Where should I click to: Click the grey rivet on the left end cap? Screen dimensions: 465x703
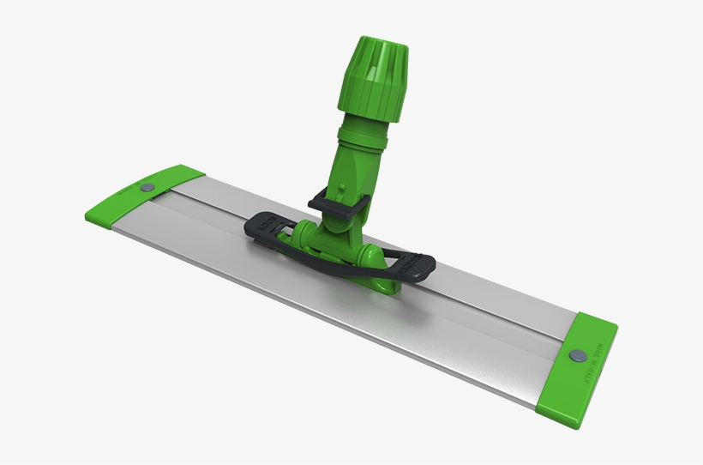pos(145,186)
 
